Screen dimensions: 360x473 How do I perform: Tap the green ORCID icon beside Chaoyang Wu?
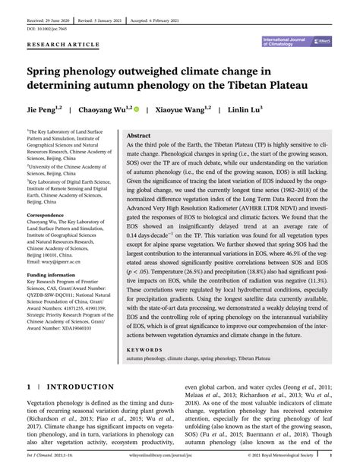point(137,110)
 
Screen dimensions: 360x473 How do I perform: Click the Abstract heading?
point(139,134)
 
